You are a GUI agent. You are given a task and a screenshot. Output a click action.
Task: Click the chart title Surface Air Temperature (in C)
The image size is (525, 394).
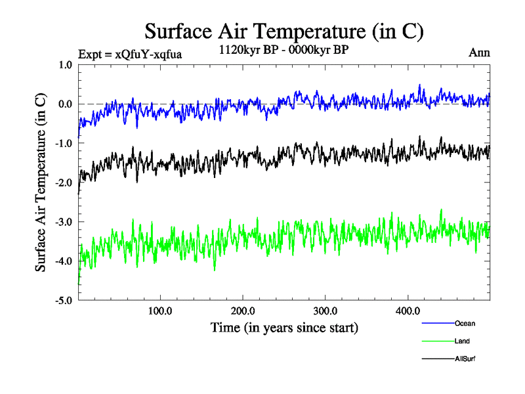point(283,31)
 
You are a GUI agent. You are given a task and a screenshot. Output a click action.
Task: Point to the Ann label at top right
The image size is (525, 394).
point(479,52)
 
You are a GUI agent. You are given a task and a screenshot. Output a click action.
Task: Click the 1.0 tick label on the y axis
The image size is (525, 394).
point(65,64)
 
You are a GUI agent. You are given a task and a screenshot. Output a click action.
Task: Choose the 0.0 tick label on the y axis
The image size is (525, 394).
point(65,104)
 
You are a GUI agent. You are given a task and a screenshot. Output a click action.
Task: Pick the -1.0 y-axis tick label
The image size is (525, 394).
point(64,143)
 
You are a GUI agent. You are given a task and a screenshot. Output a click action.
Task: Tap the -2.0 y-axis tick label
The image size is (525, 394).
point(64,183)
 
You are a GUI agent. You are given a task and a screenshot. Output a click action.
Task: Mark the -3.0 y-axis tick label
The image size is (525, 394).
point(64,222)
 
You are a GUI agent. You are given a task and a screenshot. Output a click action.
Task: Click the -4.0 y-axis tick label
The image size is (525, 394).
point(64,261)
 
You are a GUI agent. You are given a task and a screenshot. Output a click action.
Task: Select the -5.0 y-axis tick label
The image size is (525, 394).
point(64,301)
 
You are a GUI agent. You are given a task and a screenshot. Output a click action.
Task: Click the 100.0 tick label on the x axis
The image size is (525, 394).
point(160,311)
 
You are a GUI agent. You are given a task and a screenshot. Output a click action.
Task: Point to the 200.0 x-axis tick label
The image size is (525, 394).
point(243,311)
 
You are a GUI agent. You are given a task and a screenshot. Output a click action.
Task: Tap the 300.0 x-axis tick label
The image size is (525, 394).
point(325,311)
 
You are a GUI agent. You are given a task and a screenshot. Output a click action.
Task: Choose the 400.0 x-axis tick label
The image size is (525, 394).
point(408,311)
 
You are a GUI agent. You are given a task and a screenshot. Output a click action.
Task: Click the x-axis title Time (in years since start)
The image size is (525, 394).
point(284,326)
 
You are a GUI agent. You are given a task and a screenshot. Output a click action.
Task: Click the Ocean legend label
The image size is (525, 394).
point(465,323)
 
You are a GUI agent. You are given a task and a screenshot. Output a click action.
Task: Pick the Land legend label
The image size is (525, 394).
point(462,341)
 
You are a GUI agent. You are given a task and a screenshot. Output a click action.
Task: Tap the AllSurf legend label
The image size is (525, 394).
point(465,359)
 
